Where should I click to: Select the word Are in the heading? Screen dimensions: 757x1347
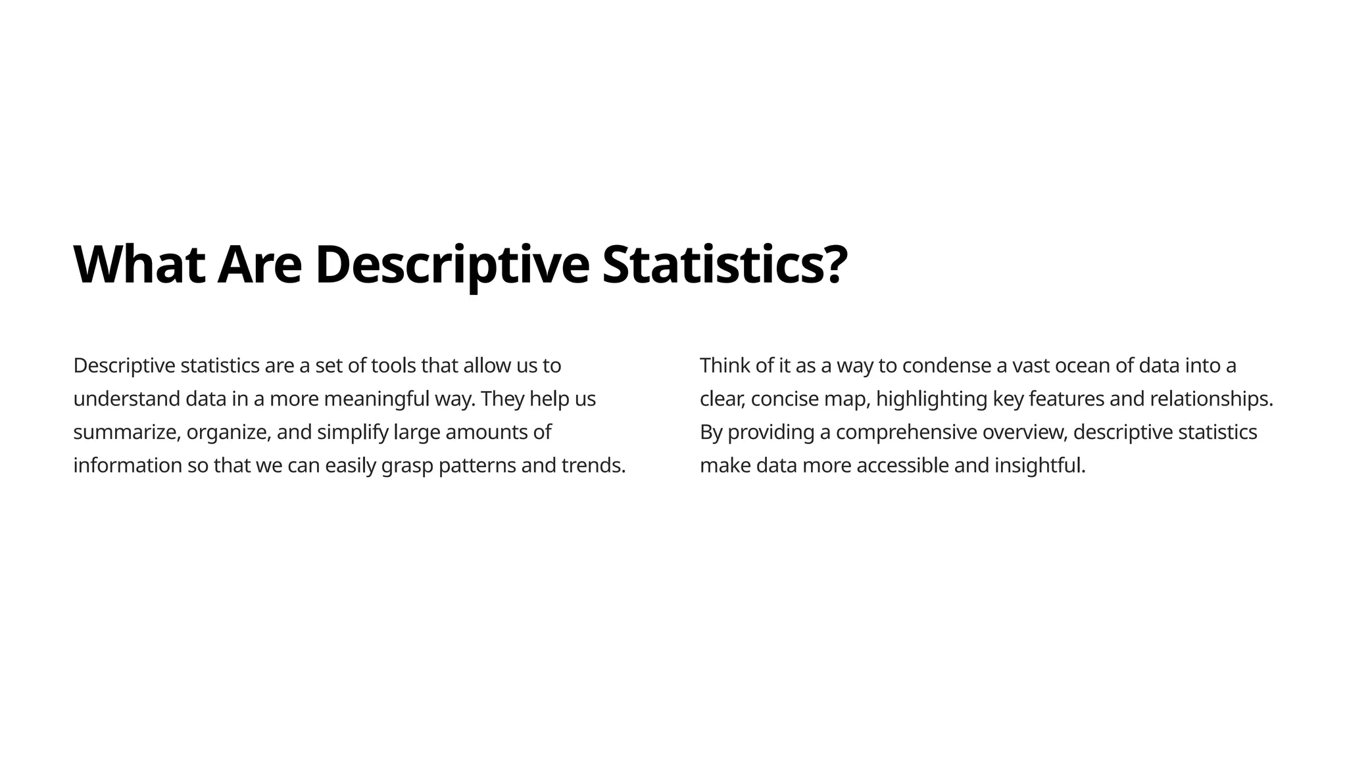point(259,265)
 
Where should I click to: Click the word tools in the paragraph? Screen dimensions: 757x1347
point(393,365)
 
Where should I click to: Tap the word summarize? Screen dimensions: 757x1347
point(125,432)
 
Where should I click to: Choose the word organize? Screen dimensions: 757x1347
point(228,432)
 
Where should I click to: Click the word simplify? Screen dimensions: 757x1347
point(353,432)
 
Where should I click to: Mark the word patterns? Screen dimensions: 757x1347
point(477,466)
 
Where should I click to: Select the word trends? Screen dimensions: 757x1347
point(592,466)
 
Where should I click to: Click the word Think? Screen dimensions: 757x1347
point(724,365)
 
